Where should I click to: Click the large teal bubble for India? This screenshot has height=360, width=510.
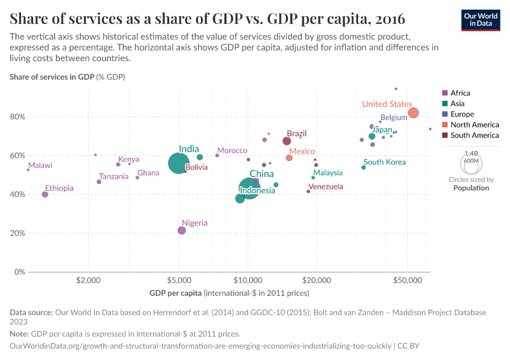[x=178, y=163]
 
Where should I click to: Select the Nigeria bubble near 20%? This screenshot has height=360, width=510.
[x=182, y=230]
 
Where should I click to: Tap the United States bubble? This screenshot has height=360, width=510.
[x=413, y=113]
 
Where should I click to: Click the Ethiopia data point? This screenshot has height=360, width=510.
[x=45, y=194]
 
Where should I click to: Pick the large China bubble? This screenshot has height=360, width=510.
[x=249, y=188]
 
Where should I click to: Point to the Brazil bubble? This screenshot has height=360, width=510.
[x=287, y=141]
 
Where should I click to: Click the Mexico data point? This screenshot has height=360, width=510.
[x=289, y=158]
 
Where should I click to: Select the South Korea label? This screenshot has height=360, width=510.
[x=385, y=162]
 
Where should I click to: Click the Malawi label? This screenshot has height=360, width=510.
[x=40, y=166]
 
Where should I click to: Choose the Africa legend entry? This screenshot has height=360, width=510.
[x=460, y=93]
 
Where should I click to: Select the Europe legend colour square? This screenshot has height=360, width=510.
[x=445, y=114]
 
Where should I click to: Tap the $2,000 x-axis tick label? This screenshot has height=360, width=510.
[x=89, y=280]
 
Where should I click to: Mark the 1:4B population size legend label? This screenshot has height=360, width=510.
[x=471, y=154]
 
